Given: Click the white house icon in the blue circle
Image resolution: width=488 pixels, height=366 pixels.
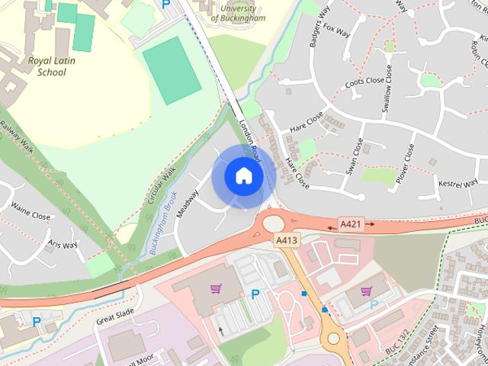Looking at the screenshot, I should point(243,175).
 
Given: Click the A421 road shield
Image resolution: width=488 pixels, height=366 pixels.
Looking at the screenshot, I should point(350,223).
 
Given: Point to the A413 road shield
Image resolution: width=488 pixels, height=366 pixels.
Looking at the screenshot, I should point(286,239).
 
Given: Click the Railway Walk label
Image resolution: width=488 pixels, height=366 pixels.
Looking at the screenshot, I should point(17,136).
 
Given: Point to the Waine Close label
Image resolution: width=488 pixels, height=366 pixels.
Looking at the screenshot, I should point(30,217).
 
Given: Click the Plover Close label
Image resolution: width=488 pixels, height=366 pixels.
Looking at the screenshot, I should point(404,163).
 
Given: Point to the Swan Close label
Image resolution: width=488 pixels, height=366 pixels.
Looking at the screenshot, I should point(355,156).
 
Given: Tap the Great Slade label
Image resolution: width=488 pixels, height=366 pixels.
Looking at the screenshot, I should point(115,316).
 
